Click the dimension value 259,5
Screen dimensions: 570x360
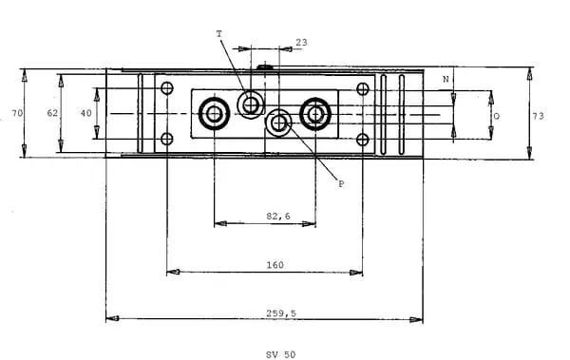point(281,313)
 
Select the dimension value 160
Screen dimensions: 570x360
point(275,265)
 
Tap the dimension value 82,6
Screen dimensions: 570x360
point(278,217)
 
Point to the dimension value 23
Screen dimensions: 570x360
point(301,43)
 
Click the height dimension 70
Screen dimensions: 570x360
point(17,113)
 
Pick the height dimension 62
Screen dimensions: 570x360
point(52,113)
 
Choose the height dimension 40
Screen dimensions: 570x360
point(86,113)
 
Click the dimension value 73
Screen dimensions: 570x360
point(538,116)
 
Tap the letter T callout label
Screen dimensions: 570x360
point(218,34)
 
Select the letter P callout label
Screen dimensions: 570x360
point(341,183)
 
